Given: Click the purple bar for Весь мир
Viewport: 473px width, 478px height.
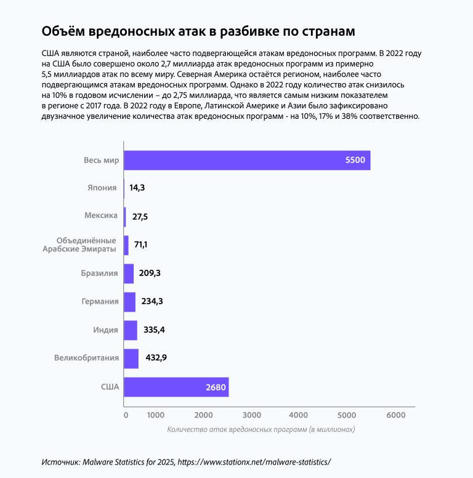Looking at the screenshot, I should point(246,160).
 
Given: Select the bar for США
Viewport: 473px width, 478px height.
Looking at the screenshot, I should point(176,387).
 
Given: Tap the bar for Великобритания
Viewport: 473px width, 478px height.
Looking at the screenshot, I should point(131,358).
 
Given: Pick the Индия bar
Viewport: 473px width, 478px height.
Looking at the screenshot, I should point(131,330).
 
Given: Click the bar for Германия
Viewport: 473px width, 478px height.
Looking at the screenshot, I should point(129,302).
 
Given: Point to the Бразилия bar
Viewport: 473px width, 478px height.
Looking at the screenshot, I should point(129,273).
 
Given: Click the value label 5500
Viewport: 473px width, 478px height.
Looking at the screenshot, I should point(355,161).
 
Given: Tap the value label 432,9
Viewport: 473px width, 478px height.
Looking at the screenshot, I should point(158,358).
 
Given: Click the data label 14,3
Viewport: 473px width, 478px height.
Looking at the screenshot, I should point(137,188).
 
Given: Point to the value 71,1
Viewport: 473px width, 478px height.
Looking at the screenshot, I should point(141,245).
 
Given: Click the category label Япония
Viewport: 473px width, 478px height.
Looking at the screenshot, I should point(102,188).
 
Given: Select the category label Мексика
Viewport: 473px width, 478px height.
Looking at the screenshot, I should point(100,217).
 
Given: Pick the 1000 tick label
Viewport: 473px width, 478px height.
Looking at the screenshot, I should point(155,415).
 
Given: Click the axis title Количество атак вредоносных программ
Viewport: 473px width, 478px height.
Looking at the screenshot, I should point(262,429).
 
